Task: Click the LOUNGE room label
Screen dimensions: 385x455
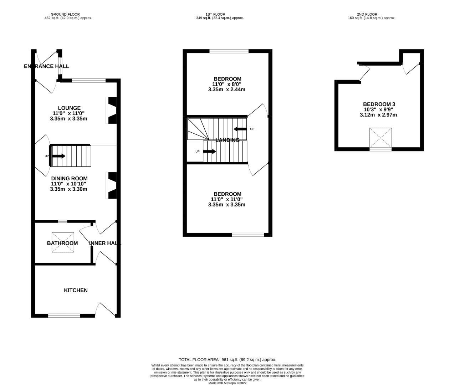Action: point(69,108)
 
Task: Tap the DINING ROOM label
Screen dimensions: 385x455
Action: point(69,179)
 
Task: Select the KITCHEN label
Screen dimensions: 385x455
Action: point(76,291)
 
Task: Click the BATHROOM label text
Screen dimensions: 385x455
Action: point(62,243)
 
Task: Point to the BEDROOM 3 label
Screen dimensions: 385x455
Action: point(379,104)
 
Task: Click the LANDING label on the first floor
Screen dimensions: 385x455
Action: point(227,140)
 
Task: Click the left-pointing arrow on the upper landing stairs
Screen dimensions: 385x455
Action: point(240,129)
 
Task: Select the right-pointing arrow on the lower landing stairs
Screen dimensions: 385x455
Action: point(210,152)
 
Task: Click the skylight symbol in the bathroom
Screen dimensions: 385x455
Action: point(63,242)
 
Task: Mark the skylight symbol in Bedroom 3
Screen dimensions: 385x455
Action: point(380,138)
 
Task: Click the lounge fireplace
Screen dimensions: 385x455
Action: point(112,111)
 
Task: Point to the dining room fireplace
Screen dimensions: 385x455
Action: point(112,185)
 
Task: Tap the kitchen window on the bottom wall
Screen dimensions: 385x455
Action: point(64,315)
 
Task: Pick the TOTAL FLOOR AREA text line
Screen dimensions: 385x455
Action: point(227,360)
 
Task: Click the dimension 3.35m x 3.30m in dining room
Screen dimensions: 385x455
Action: point(68,189)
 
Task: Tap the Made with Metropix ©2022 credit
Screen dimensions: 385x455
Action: point(227,383)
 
